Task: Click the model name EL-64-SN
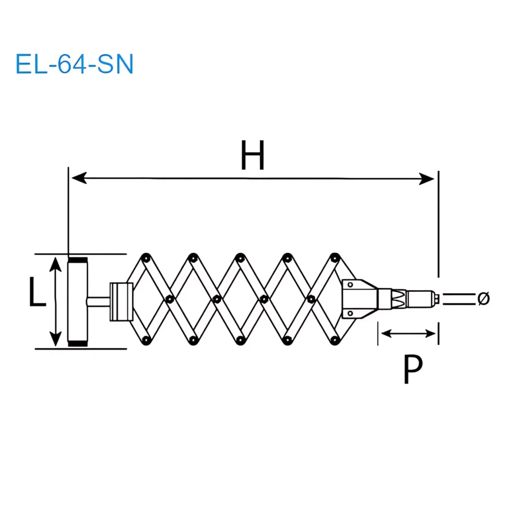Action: coord(74,64)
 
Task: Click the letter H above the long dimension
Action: coord(253,155)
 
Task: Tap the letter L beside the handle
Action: coord(37,292)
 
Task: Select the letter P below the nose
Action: coord(413,370)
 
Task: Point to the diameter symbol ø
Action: coord(484,298)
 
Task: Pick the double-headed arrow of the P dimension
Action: coord(408,333)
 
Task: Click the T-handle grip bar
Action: coord(77,302)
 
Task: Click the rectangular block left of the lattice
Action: coord(121,302)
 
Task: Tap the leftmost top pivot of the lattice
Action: coord(145,258)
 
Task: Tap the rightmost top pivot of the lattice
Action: coord(335,258)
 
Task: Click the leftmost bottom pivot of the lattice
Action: coord(145,341)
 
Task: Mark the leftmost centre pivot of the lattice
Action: coord(169,298)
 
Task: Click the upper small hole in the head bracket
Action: coord(350,285)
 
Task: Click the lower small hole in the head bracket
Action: coord(350,313)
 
